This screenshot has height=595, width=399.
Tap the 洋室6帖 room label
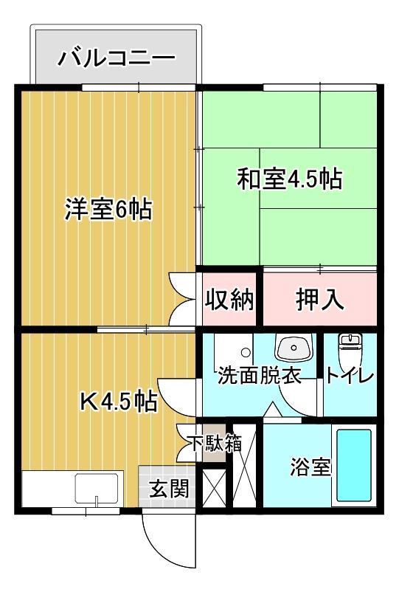coord(108,210)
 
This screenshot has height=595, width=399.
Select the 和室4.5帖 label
coord(288,179)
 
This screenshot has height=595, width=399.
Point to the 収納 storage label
coord(229,300)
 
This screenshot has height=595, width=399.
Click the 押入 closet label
coord(320,300)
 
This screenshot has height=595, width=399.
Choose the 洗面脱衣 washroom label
coord(260,376)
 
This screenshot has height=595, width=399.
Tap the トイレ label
coord(350,376)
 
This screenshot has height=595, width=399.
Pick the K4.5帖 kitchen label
coord(117,402)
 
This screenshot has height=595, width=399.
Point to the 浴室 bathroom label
coord(310,467)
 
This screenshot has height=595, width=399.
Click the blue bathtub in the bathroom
coord(353,465)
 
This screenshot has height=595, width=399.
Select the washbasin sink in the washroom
coord(294,347)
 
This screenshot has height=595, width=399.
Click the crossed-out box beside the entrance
coord(215,487)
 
